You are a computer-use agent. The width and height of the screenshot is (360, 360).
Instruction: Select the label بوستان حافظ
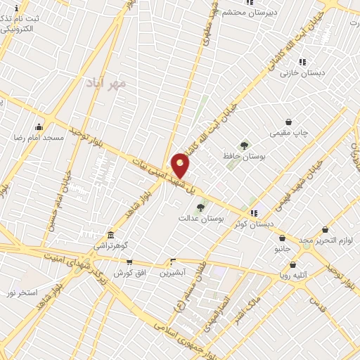pyautogui.click(x=243, y=157)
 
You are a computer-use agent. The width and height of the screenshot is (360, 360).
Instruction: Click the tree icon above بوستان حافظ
pyautogui.click(x=244, y=146)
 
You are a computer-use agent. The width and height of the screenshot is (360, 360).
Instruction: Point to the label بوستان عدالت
pyautogui.click(x=200, y=219)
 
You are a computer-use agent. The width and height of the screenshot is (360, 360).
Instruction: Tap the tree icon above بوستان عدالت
pyautogui.click(x=201, y=207)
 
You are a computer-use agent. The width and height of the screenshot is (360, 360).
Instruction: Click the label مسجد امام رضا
pyautogui.click(x=37, y=138)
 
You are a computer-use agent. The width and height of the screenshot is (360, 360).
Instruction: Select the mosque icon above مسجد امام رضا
pyautogui.click(x=38, y=127)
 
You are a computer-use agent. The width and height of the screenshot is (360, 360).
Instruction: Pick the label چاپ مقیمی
pyautogui.click(x=289, y=132)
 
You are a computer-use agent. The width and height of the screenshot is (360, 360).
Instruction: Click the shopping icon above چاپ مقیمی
pyautogui.click(x=289, y=122)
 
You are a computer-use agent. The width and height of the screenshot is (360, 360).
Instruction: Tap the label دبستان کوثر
pyautogui.click(x=255, y=224)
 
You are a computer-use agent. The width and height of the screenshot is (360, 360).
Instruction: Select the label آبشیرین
pyautogui.click(x=172, y=272)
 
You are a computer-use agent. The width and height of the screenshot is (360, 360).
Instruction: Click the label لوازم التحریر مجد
pyautogui.click(x=324, y=240)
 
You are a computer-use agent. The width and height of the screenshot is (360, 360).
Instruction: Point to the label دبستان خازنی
pyautogui.click(x=302, y=72)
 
